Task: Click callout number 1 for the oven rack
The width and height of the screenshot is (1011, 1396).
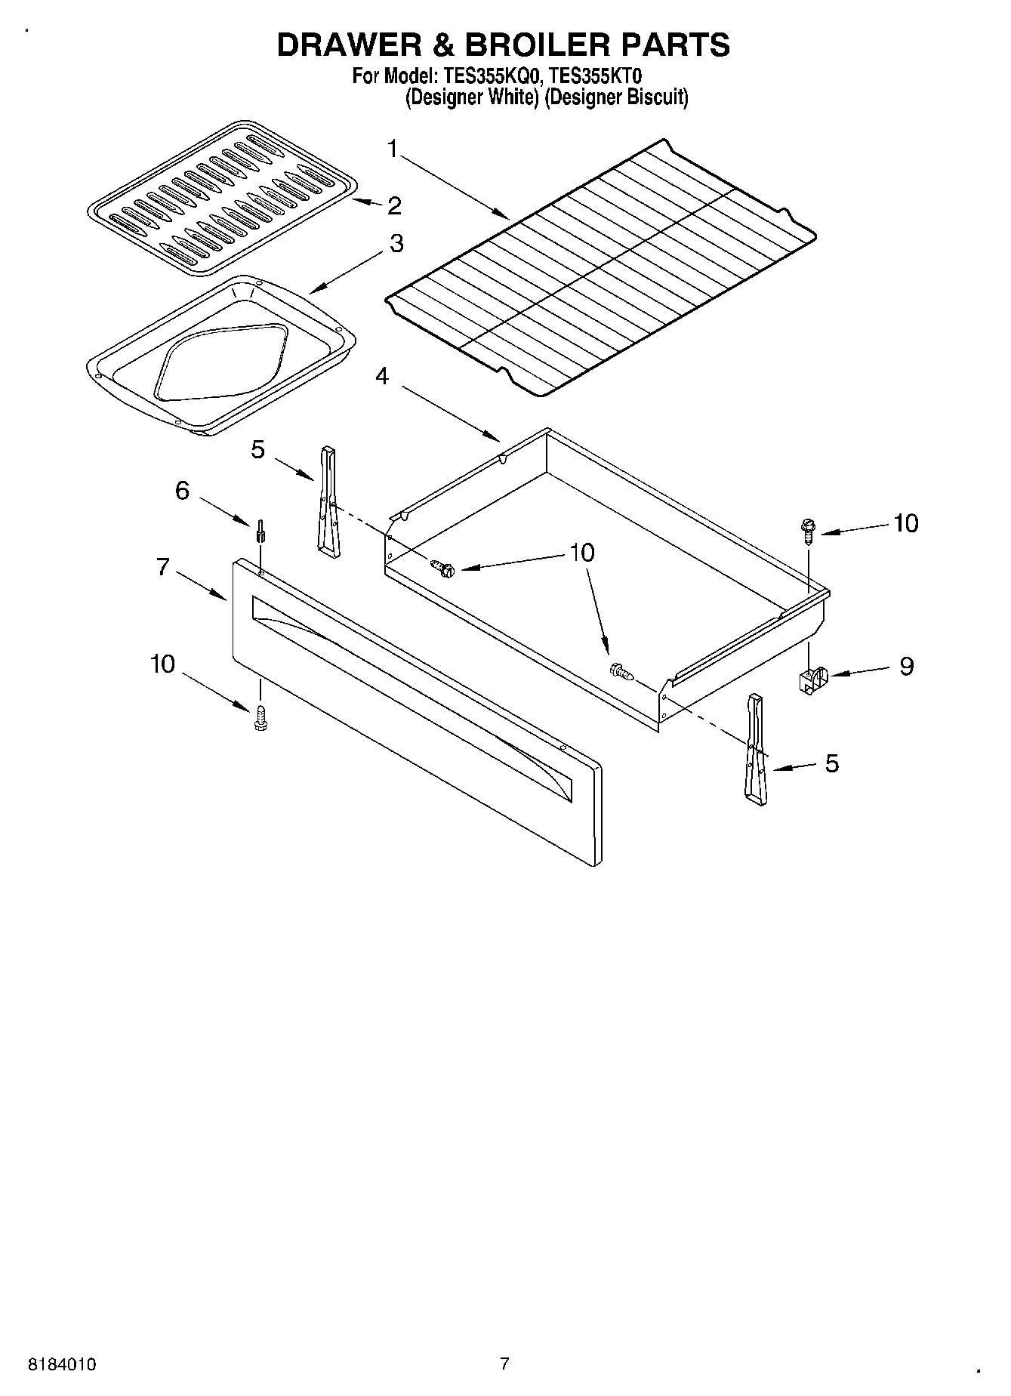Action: coord(393,149)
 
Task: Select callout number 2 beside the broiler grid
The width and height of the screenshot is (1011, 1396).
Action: coord(393,205)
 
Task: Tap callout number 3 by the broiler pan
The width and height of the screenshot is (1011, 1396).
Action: coord(396,244)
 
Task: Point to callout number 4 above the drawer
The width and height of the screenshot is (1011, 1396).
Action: coord(382,375)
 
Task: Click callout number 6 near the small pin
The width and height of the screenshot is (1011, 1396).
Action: coord(182,491)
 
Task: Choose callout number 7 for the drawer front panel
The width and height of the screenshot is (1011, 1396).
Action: coord(163,566)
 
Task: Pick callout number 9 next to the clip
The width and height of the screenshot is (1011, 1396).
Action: coord(906,666)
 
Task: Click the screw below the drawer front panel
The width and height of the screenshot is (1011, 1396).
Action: coord(261,719)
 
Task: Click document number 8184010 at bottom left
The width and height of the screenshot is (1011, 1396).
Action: coord(63,1364)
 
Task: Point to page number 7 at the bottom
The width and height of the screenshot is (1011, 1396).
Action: coord(504,1364)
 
